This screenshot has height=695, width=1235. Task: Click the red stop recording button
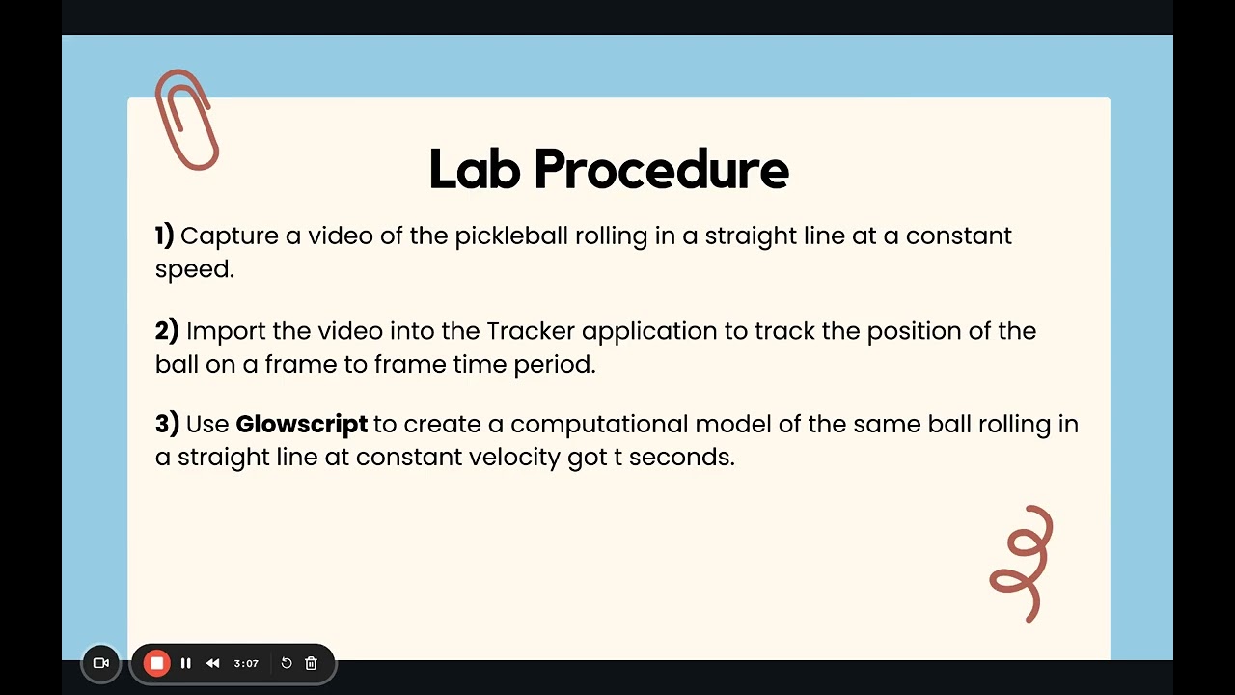tap(156, 663)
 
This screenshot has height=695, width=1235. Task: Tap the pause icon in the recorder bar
tap(186, 663)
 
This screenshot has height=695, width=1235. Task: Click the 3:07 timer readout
tap(246, 664)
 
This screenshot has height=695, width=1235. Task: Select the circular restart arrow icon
tap(287, 663)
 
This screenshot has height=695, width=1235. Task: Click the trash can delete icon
tap(311, 663)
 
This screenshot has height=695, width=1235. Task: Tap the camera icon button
tap(100, 663)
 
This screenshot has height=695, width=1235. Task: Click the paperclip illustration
tap(186, 120)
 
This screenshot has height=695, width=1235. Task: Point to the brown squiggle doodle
tap(1023, 563)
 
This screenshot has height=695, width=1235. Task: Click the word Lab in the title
tap(473, 169)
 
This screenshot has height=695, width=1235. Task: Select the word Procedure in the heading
tap(661, 169)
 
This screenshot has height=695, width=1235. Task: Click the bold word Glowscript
tap(301, 424)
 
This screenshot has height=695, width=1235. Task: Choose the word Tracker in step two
tap(531, 331)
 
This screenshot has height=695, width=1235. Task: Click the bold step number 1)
tap(165, 236)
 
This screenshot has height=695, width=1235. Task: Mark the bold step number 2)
tap(167, 331)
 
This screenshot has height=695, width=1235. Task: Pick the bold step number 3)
tap(167, 424)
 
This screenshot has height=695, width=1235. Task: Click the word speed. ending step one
tap(195, 270)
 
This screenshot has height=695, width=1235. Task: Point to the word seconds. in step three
tap(682, 457)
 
